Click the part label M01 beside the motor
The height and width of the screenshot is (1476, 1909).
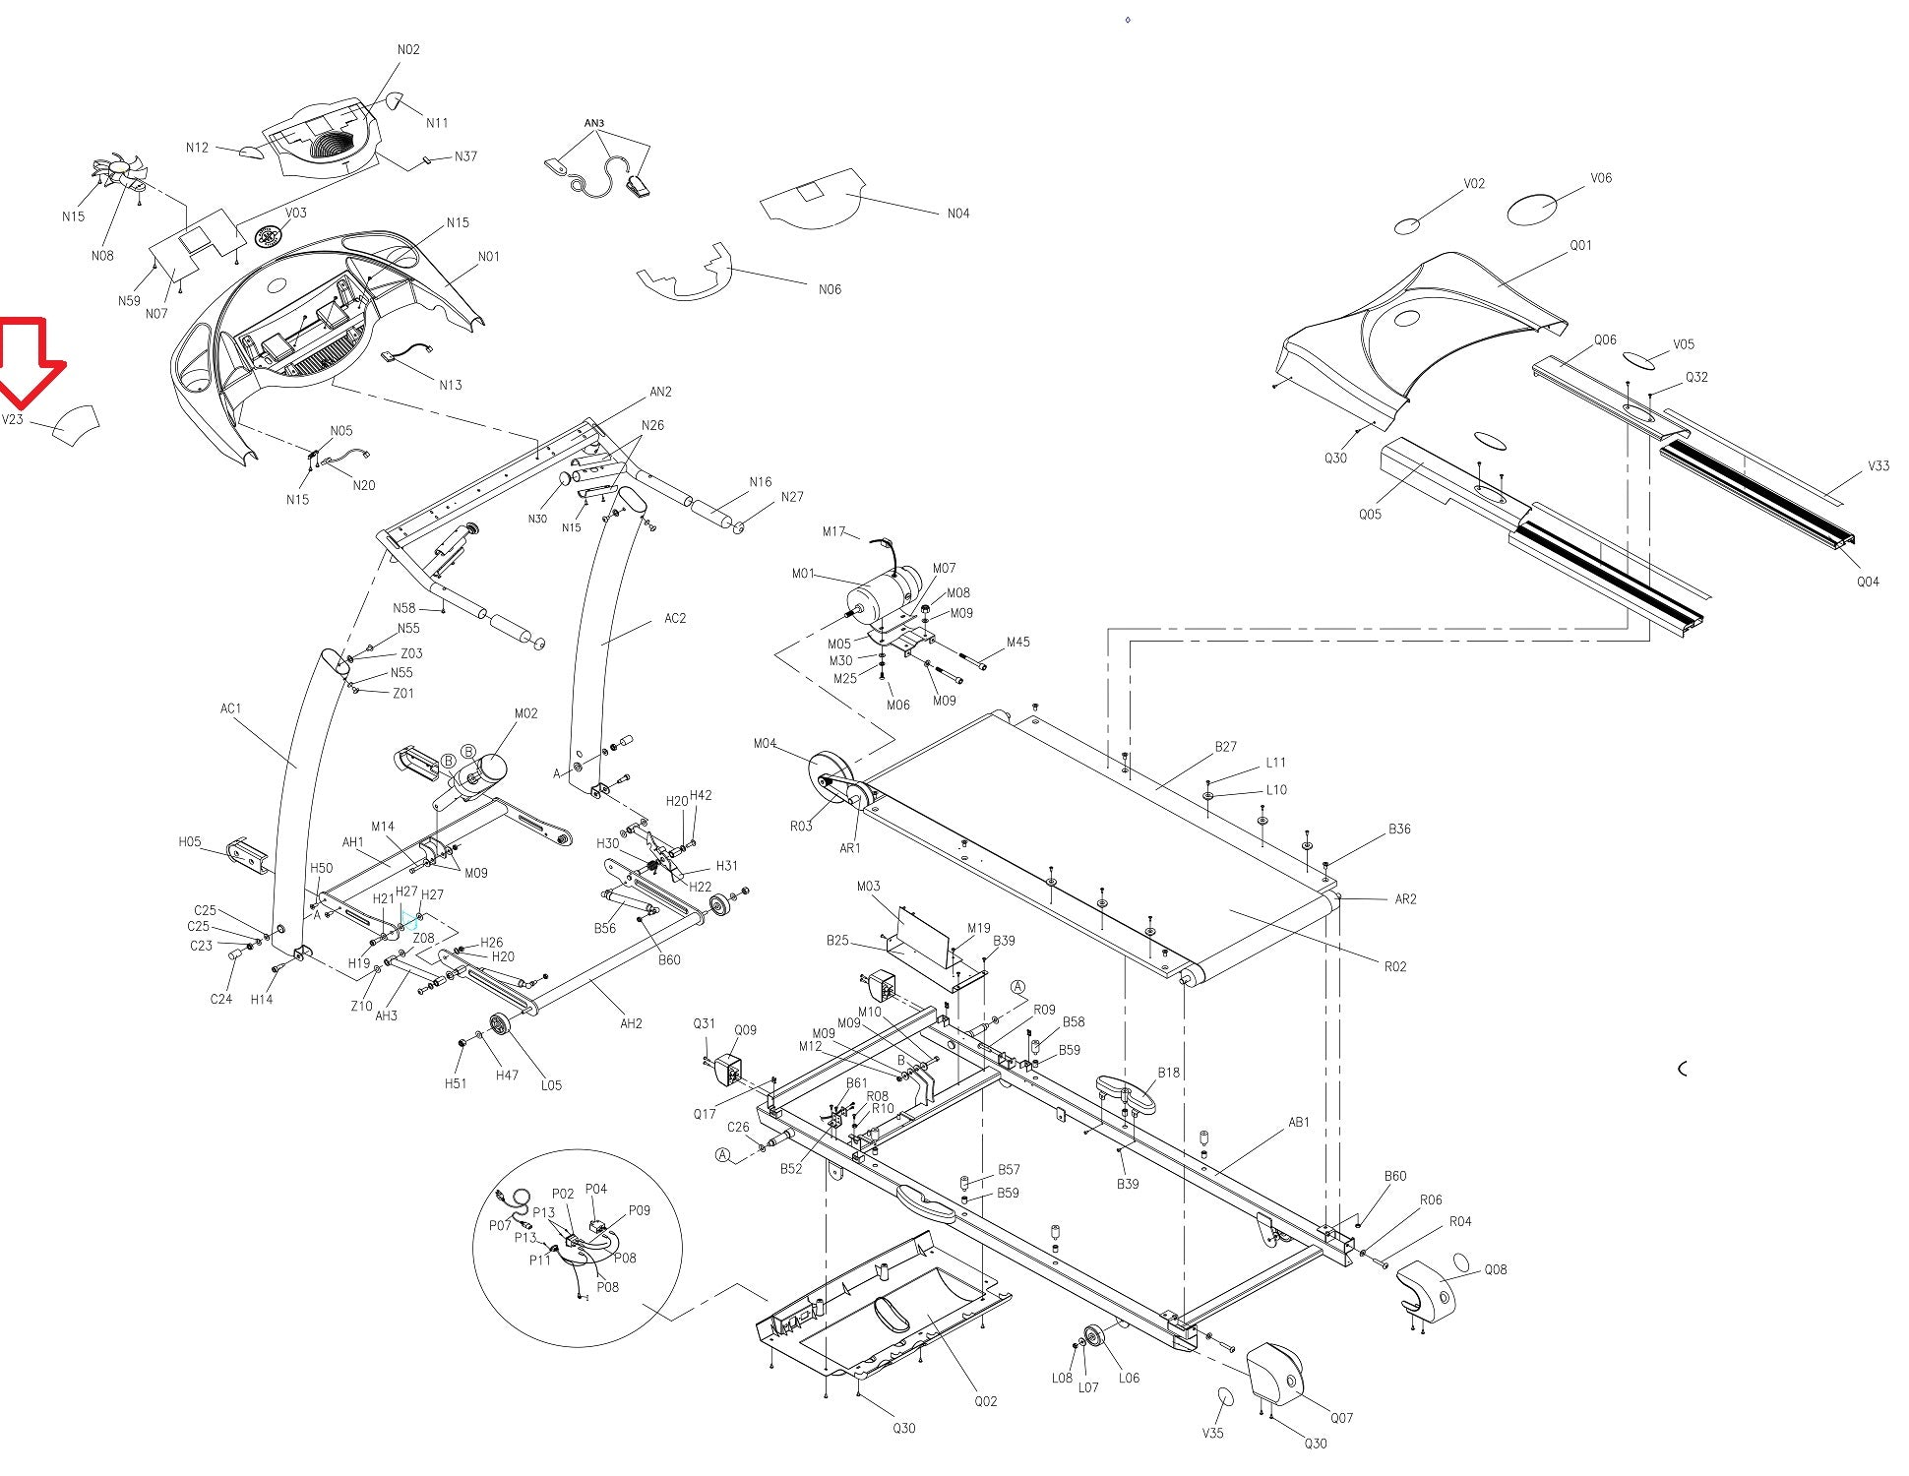coord(803,574)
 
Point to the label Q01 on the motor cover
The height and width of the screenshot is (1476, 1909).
coord(1580,245)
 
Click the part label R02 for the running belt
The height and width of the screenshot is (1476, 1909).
coord(1394,966)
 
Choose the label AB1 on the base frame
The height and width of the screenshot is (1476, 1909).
coord(1299,1122)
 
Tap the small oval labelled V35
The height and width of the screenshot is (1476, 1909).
coord(1225,1398)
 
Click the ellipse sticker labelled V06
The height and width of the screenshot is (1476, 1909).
coord(1533,209)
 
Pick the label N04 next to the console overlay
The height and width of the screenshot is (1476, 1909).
coord(957,214)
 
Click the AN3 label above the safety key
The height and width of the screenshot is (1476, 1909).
coord(594,123)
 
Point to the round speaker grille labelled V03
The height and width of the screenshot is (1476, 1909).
coord(269,237)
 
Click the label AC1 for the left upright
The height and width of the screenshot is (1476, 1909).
coord(230,708)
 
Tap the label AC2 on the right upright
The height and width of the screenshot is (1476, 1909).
coord(675,618)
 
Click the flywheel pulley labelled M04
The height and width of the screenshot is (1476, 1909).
coord(830,777)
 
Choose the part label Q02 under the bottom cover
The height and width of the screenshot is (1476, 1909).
coord(985,1401)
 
